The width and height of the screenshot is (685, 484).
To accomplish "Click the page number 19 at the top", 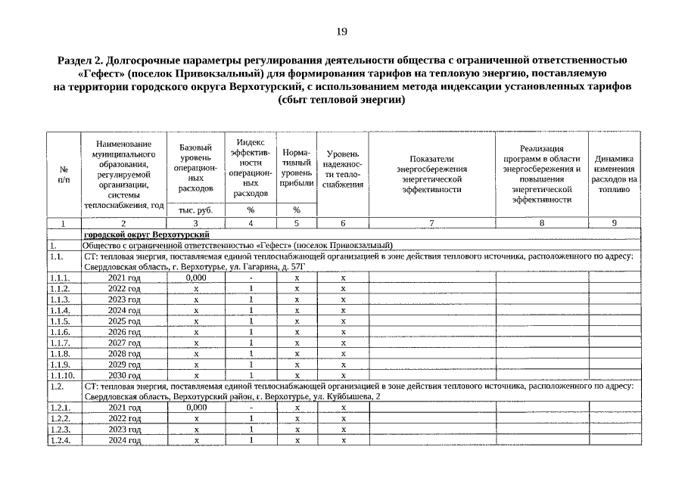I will tap(342, 31).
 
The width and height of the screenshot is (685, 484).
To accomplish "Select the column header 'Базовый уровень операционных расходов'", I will tap(195, 167).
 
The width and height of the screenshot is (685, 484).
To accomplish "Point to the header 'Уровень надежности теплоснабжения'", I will tap(343, 169).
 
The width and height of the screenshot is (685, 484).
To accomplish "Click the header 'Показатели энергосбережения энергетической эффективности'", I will tap(431, 174).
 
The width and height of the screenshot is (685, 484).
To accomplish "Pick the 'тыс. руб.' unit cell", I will tap(195, 210).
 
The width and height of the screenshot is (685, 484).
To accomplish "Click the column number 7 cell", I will tap(431, 223).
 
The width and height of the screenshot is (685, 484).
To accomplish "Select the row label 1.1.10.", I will tap(63, 374).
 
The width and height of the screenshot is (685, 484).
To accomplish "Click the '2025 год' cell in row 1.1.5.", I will tap(124, 321).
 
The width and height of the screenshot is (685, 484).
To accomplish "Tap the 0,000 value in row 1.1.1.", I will tap(195, 278).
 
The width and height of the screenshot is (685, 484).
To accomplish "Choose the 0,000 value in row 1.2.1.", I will tap(195, 408).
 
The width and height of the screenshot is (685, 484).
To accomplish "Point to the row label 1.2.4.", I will tap(60, 439).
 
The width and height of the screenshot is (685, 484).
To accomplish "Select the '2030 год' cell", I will tap(124, 374).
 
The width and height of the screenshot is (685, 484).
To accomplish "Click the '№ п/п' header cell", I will tap(63, 174).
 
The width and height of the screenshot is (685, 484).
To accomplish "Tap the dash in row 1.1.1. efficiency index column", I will tap(251, 278).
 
